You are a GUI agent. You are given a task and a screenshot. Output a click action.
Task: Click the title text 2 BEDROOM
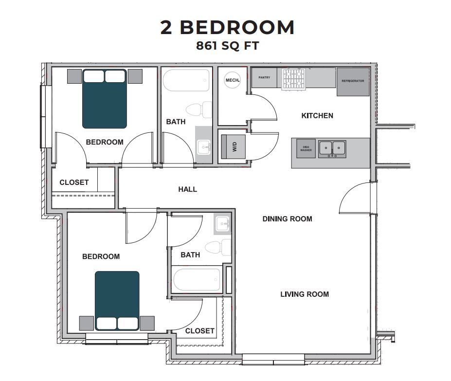227,27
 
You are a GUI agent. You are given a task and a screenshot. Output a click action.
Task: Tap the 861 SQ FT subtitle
227,47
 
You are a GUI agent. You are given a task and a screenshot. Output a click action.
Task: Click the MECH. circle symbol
232,80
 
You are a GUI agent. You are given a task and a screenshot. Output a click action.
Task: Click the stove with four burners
294,79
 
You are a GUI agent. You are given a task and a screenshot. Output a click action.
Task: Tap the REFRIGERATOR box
353,81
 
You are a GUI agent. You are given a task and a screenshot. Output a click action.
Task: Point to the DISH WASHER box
306,149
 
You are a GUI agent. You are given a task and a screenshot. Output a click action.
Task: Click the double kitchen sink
332,148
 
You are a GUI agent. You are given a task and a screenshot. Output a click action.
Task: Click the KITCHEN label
317,116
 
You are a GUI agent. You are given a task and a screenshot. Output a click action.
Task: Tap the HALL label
187,189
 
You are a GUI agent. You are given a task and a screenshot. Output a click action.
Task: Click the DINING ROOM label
287,219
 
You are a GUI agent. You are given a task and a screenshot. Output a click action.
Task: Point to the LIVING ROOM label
304,294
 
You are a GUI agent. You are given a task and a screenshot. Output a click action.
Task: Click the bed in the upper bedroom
105,99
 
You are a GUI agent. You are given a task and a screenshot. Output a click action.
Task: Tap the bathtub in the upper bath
186,80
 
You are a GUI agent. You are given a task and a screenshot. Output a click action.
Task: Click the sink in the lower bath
223,224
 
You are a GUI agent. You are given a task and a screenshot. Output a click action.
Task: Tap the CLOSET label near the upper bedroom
74,182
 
